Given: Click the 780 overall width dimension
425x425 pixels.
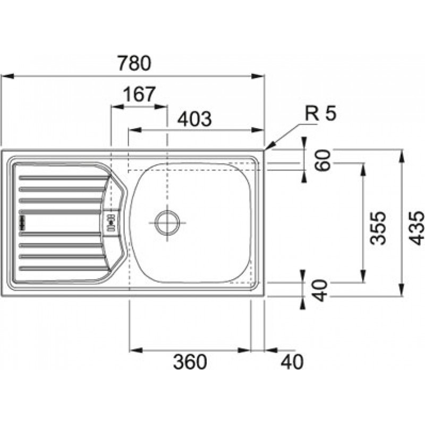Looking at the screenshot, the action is pos(135,63).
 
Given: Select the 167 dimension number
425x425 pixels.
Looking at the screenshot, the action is pos(139,95).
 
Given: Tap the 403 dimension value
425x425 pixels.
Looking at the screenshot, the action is pos(194,119).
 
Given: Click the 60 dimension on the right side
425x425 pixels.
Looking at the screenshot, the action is pos(323,160).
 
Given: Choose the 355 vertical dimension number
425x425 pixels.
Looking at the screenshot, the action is pos(378,228).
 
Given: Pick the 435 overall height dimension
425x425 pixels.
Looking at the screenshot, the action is pos(416,228).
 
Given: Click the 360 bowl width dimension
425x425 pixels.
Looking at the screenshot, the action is pos(190,362).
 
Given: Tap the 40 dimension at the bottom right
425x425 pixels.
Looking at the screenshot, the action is pos(292,362).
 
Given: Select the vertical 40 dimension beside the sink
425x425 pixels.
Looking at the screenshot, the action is pos(320,291).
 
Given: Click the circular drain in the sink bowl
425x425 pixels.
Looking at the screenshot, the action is pos(167,223).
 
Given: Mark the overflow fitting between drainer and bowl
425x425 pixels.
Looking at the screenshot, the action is pos(112,222).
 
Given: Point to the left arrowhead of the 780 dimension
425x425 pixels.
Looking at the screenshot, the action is pos(7,76).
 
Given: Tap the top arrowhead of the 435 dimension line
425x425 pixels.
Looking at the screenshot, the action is pos(402,156).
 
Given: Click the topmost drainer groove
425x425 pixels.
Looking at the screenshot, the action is pos(64,178).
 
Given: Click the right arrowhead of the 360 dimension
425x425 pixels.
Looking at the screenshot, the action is pos(244,351).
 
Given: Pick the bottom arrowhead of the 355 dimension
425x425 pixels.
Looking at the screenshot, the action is pos(363,276).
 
